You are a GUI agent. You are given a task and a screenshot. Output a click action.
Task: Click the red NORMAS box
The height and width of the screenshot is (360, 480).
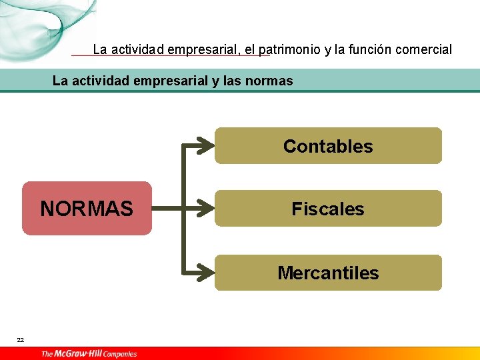click(x=87, y=209)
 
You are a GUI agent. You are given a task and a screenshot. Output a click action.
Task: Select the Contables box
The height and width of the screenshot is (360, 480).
click(x=328, y=146)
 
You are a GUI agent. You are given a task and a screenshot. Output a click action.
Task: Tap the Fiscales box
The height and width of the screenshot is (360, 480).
click(x=328, y=209)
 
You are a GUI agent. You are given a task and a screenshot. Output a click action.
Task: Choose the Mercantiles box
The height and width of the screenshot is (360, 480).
click(x=328, y=273)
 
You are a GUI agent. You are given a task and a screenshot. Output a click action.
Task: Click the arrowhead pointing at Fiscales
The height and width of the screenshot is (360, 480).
click(x=207, y=209)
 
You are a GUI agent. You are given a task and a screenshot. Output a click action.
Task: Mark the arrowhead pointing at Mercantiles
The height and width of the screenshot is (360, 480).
click(x=207, y=273)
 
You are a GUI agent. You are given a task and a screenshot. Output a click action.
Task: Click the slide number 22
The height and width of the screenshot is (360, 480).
click(x=21, y=340)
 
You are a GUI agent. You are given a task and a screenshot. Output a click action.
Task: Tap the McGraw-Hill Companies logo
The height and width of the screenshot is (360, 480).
click(x=89, y=353)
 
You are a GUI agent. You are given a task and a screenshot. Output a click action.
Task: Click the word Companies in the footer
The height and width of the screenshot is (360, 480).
click(x=120, y=354)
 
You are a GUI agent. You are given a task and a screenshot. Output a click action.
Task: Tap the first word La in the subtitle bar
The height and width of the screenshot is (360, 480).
click(x=59, y=81)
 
